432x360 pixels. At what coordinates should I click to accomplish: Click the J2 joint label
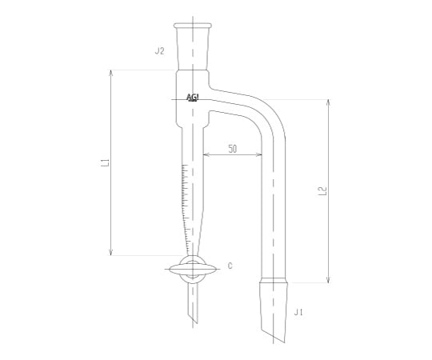[159, 51]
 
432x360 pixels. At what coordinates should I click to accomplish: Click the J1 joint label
[298, 311]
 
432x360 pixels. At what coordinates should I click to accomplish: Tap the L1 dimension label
[106, 163]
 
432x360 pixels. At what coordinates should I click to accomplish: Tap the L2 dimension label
[322, 191]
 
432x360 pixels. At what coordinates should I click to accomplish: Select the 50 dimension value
[232, 149]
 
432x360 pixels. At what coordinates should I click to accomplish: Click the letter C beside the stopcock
[230, 265]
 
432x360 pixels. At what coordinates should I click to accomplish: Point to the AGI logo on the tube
[193, 98]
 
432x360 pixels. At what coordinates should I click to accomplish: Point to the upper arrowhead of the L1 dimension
[110, 73]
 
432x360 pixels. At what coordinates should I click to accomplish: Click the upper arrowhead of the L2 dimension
[328, 102]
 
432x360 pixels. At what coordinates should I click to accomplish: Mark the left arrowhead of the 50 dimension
[206, 154]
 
